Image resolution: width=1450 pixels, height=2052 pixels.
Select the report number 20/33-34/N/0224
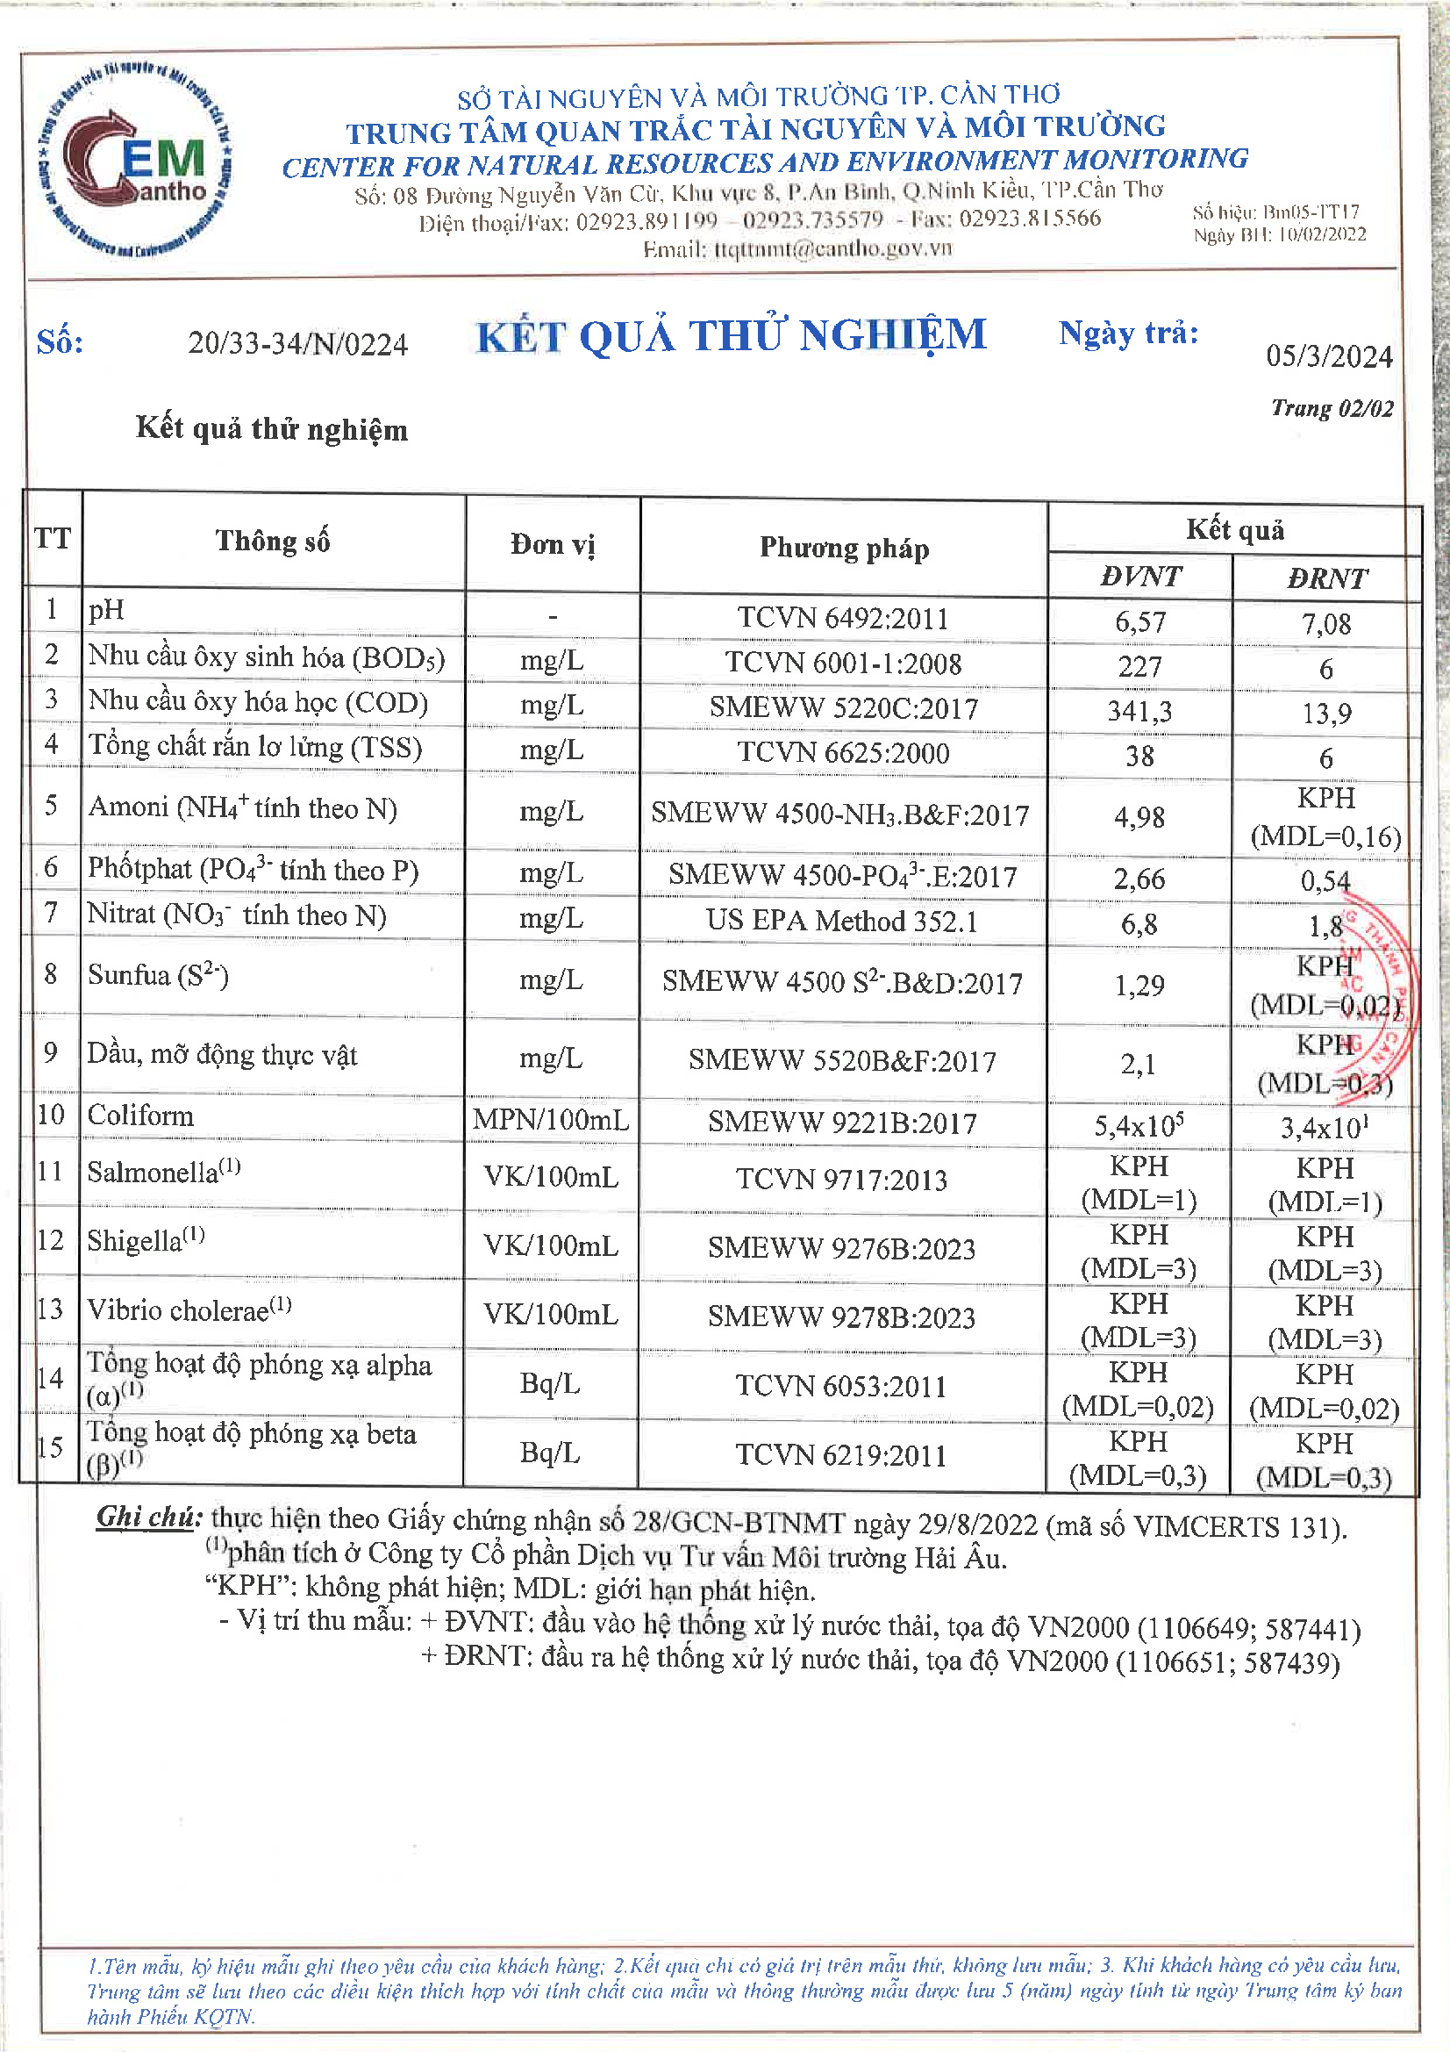coord(297,344)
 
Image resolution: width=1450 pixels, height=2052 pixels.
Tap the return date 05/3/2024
coord(1328,356)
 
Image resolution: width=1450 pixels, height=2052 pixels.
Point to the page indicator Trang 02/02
coord(1332,408)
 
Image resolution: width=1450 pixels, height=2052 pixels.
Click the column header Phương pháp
coord(843,547)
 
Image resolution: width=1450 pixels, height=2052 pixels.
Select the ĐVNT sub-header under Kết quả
coord(1140,577)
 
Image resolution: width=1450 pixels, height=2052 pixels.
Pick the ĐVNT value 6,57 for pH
coord(1140,621)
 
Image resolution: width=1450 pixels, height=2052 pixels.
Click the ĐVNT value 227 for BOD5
coord(1140,667)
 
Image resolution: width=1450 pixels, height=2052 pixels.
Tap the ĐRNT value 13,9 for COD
coord(1325,714)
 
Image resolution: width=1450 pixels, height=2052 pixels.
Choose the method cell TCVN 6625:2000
coord(842,752)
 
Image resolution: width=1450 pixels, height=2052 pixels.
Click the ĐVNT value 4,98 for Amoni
coord(1139,817)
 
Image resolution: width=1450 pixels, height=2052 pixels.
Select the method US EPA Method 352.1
coord(841,921)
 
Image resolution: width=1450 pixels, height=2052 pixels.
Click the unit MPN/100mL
coord(550,1119)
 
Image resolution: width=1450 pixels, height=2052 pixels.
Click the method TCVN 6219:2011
coord(840,1455)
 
